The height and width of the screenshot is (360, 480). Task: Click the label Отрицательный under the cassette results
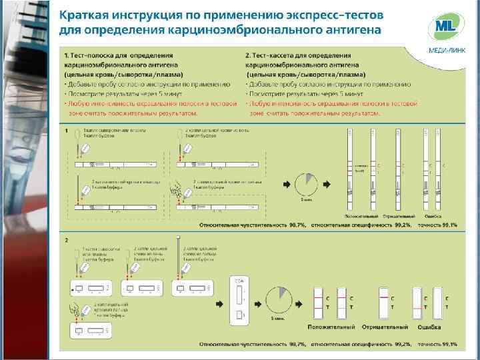(385, 327)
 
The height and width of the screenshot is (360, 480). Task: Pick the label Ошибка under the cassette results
(429, 327)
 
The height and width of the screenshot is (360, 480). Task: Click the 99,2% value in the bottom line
(402, 344)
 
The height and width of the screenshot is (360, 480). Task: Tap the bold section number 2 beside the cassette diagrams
(66, 239)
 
